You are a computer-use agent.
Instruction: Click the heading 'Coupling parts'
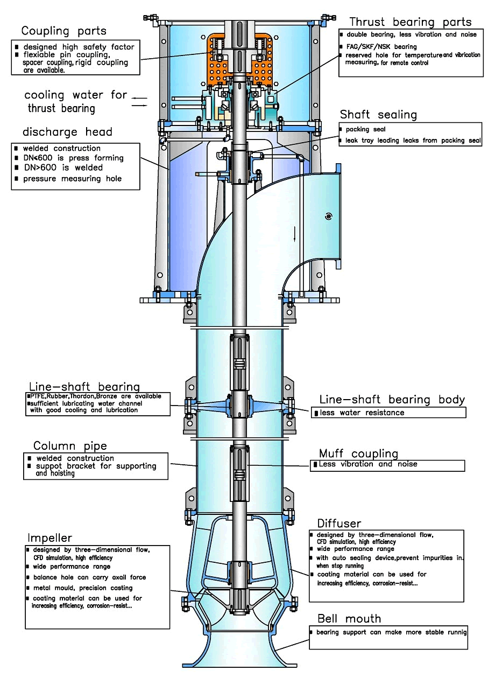(x=63, y=30)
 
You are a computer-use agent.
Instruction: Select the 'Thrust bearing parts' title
(x=410, y=22)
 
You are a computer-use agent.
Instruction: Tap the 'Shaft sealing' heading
(x=378, y=115)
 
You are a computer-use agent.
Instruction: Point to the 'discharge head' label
(x=67, y=132)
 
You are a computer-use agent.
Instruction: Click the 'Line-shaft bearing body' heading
(x=392, y=400)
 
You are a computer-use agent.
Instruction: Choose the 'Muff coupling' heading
(x=358, y=453)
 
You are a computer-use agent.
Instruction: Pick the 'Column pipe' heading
(x=70, y=446)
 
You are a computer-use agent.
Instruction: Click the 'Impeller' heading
(x=49, y=538)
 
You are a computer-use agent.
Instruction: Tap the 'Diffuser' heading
(x=339, y=524)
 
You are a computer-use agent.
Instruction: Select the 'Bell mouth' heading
(x=349, y=618)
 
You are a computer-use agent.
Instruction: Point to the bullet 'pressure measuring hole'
(x=72, y=179)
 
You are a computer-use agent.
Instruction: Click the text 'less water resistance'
(x=362, y=413)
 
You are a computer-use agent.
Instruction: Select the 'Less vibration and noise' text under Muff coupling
(x=367, y=464)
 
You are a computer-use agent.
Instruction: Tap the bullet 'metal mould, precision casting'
(x=82, y=588)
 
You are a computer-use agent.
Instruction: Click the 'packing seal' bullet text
(x=365, y=129)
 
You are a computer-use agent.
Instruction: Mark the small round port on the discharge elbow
(x=328, y=216)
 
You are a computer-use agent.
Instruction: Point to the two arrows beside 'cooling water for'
(x=139, y=102)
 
